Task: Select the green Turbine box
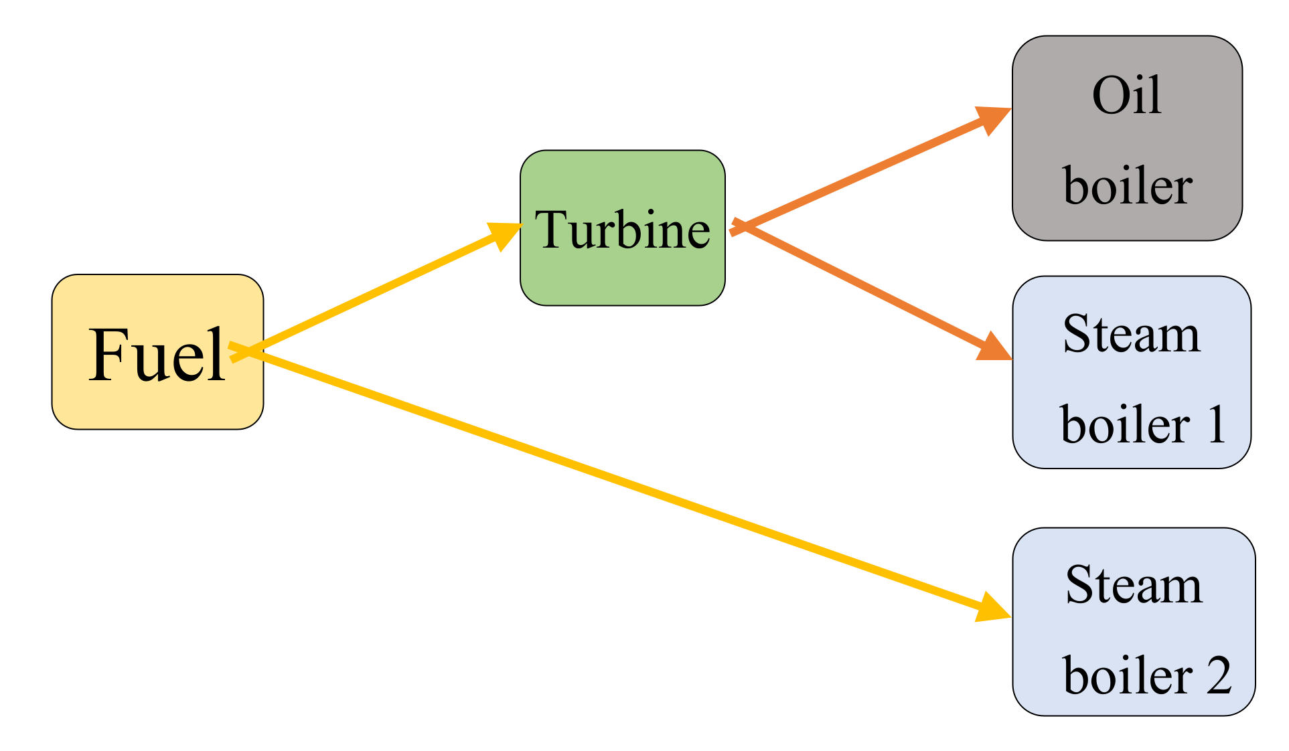(622, 281)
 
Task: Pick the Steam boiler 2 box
(1133, 629)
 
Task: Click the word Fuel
(157, 355)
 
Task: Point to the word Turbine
(622, 230)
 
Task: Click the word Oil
(1126, 96)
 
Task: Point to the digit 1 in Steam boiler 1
(1217, 424)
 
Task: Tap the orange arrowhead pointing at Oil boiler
(993, 118)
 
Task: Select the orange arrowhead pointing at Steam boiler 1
(994, 348)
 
